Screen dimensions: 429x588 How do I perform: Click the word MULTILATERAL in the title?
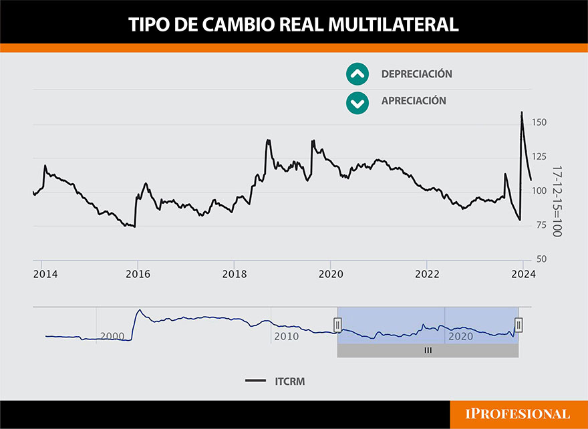coord(396,25)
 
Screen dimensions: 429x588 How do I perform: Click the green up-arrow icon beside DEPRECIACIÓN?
coord(357,74)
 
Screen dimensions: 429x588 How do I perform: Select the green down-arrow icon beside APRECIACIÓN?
coord(357,102)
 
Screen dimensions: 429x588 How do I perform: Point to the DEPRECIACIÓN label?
coord(416,74)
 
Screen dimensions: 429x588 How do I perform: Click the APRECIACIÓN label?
coord(414,101)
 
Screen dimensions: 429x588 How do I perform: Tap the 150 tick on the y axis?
coord(539,122)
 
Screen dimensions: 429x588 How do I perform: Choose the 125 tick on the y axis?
coord(539,157)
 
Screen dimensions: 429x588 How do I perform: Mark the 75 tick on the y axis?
coord(539,225)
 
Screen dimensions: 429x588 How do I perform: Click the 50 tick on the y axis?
coord(539,259)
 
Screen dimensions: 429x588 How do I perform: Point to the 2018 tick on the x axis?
coord(234,274)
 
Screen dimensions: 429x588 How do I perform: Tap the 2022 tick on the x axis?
coord(426,274)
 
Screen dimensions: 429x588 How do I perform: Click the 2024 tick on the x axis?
coord(523,274)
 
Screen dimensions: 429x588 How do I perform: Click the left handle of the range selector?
coord(337,325)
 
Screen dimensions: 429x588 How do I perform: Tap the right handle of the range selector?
coord(519,325)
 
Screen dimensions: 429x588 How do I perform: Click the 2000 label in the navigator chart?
coord(112,336)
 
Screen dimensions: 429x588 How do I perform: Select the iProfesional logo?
coord(518,414)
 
